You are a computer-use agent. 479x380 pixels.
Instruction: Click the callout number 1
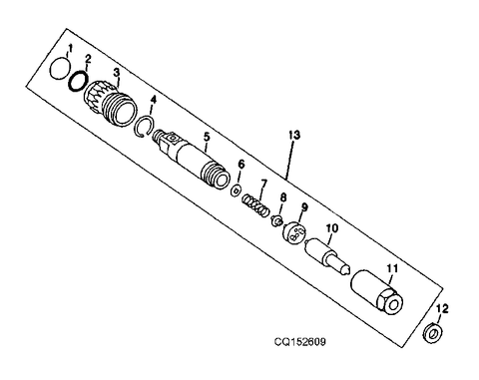70,49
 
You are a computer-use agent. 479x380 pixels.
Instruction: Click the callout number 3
117,72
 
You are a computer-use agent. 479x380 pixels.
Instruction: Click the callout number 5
206,136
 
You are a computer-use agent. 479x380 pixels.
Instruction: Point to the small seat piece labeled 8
279,220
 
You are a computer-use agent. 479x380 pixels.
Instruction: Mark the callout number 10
330,228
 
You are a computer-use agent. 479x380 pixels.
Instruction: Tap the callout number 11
391,267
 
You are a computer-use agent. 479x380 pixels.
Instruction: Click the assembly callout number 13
290,134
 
